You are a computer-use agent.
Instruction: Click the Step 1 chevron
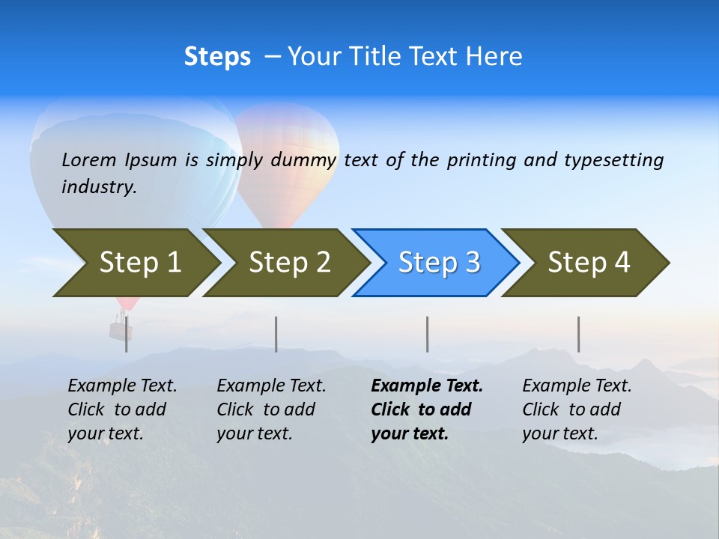coord(139,263)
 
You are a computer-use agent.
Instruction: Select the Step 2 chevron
coord(289,263)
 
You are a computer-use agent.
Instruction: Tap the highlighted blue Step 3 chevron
coord(439,263)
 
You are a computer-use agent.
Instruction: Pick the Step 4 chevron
coord(589,263)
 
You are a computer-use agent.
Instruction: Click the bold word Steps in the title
coord(217,57)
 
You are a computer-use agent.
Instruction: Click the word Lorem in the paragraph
coord(89,159)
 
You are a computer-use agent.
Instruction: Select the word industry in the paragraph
coord(98,186)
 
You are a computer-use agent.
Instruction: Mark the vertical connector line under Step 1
coord(127,334)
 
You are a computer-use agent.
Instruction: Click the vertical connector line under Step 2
coord(276,334)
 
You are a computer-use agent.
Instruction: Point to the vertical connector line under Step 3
coord(428,334)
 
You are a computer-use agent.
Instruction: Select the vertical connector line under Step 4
coord(578,334)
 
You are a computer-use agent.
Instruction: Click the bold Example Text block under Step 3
coord(427,409)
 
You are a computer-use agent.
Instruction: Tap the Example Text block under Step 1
coord(122,409)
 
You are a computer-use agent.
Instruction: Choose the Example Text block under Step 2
coord(271,409)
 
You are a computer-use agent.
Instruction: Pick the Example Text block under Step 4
coord(577,409)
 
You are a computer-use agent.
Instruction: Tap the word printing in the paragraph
coord(483,159)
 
